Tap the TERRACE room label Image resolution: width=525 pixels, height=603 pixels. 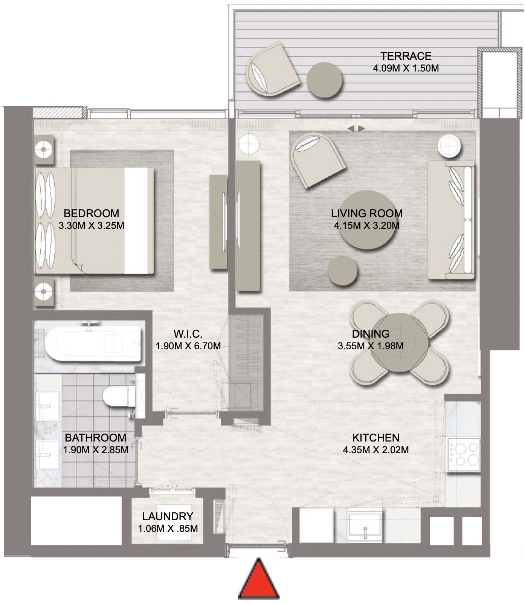(406, 56)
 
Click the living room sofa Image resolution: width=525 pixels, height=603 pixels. (451, 220)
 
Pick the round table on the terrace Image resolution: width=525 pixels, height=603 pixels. (324, 80)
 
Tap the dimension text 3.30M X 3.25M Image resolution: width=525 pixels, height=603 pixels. (92, 226)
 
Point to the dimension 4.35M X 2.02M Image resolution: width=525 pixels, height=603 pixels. (375, 450)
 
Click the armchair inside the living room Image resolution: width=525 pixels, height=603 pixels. (317, 160)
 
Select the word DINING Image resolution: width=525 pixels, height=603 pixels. (371, 334)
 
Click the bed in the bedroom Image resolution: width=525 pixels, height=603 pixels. (95, 221)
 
